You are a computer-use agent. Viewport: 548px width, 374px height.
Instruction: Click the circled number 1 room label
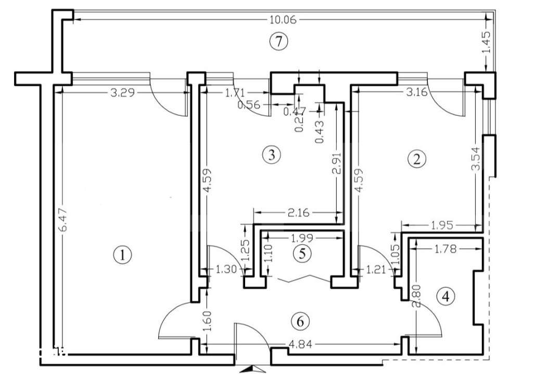(x=122, y=255)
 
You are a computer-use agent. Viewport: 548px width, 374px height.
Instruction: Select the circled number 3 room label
(x=272, y=154)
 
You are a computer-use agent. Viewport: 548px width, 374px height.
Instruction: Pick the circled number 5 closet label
(x=301, y=254)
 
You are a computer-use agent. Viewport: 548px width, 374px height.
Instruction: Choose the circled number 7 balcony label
(x=279, y=42)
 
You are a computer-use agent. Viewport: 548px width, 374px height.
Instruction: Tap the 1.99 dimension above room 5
(x=302, y=238)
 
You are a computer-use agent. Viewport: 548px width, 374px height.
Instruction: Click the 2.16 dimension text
(x=298, y=212)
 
